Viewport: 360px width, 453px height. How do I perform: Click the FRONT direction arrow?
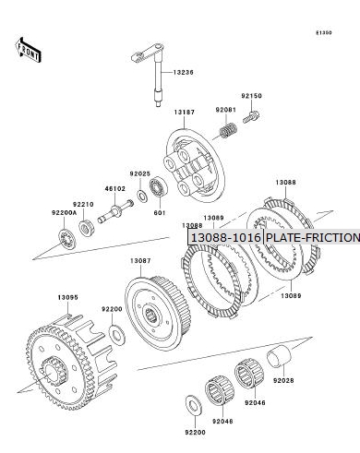tap(28, 50)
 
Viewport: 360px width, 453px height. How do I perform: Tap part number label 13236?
tap(184, 73)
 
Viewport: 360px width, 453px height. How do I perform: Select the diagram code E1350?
tap(324, 32)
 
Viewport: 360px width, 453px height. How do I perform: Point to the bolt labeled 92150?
tap(251, 117)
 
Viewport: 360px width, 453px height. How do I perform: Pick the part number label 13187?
tap(185, 113)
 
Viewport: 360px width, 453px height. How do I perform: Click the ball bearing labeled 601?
tap(159, 187)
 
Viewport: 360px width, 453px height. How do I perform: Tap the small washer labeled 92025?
tap(142, 197)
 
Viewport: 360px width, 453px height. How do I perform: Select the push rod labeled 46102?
tap(115, 210)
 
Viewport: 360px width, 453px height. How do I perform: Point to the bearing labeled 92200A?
tap(67, 240)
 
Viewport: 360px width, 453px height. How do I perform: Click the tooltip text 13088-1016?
tap(226, 238)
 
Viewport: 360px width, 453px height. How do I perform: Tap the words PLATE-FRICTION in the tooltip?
tap(313, 238)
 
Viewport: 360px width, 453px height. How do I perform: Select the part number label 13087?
tap(140, 261)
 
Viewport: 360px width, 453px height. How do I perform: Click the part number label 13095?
tap(68, 297)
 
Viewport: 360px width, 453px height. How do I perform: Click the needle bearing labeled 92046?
tap(249, 374)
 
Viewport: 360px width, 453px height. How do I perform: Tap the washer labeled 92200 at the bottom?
tap(194, 406)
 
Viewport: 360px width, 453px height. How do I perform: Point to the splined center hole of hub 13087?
tap(151, 316)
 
